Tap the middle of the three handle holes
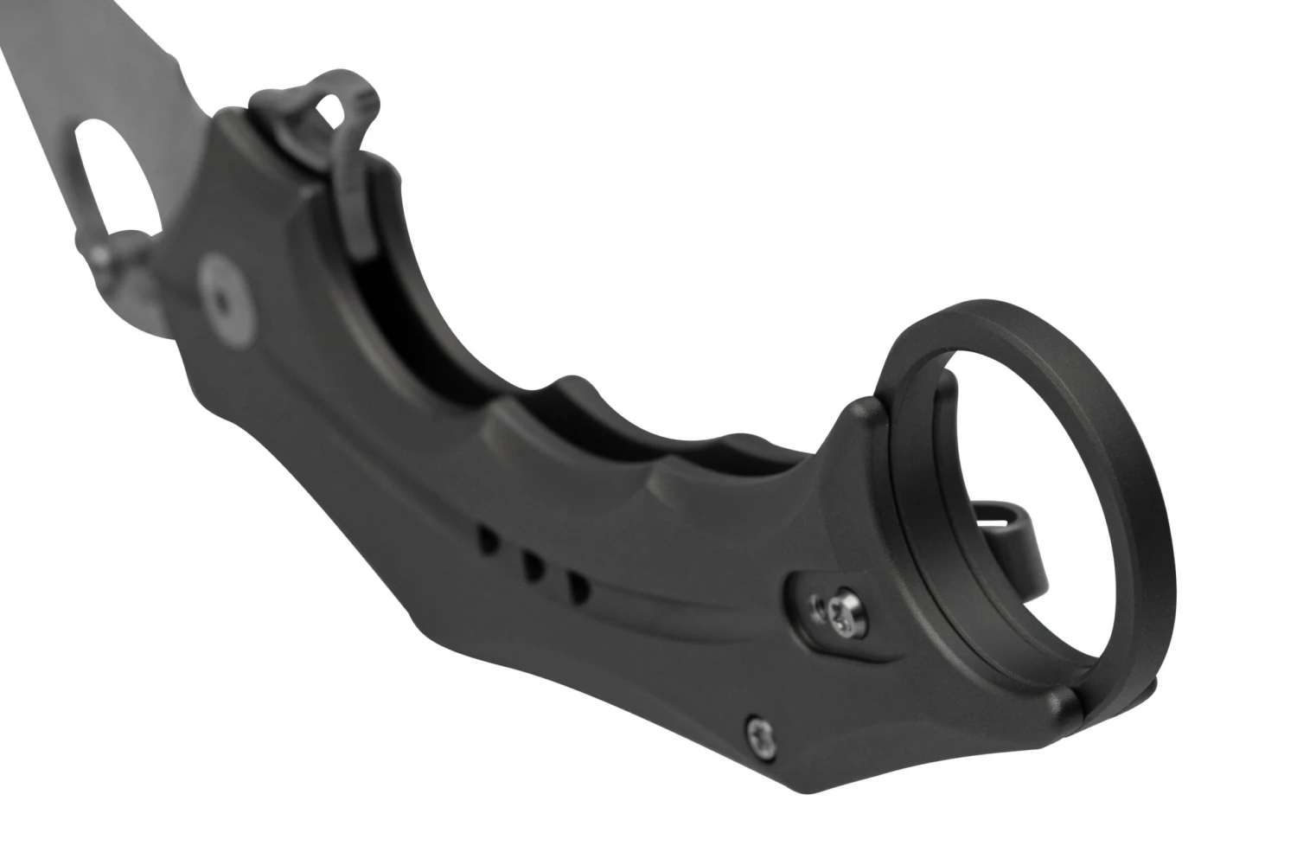pyautogui.click(x=533, y=567)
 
